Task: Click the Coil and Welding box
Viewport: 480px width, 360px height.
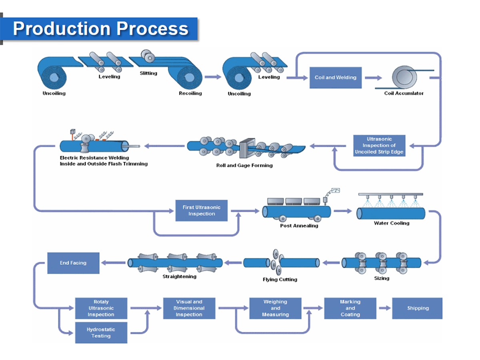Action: point(335,78)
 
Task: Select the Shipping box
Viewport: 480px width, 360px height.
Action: point(417,308)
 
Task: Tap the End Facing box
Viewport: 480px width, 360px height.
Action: point(73,263)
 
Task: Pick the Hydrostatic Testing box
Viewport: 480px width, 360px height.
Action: point(101,332)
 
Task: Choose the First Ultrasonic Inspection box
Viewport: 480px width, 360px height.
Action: point(201,210)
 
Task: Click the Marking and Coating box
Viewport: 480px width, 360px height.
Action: point(350,308)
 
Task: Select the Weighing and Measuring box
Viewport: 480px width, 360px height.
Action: point(275,308)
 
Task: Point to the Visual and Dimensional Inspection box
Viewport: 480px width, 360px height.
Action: point(189,308)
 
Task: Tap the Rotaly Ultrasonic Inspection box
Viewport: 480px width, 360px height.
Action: point(101,308)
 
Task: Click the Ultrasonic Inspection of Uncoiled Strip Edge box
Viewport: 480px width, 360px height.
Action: point(379,146)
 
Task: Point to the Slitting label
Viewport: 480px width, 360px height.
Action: point(148,73)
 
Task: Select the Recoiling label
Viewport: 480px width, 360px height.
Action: point(190,93)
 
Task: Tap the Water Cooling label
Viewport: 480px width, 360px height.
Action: point(391,223)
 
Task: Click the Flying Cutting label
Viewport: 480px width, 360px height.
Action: point(280,279)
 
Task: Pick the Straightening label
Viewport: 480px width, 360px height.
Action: point(179,276)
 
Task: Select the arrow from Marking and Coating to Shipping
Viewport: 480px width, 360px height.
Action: point(384,308)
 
